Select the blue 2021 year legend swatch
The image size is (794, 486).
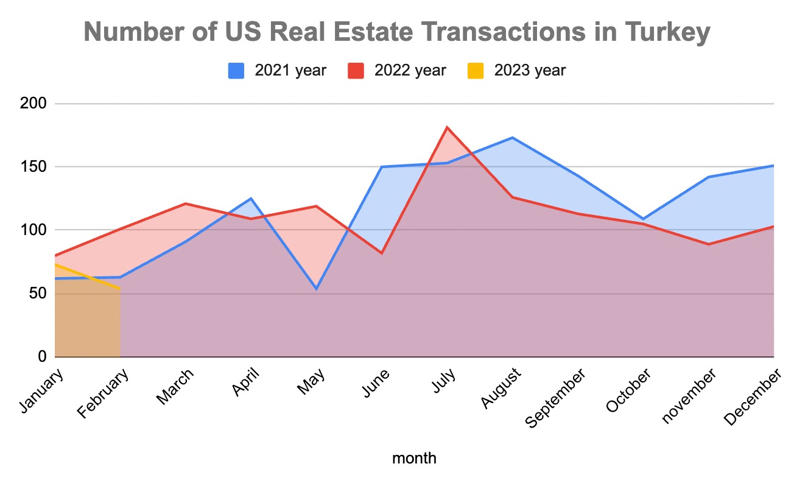(236, 71)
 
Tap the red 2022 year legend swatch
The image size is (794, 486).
(356, 71)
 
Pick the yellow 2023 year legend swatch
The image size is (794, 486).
(476, 71)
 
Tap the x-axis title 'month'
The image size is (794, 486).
(414, 458)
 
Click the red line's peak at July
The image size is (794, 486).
(447, 127)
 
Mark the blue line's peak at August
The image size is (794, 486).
(512, 138)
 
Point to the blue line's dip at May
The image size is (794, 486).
(316, 289)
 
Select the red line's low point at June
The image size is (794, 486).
(382, 253)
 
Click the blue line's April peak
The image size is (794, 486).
(251, 199)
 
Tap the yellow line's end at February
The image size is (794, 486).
(120, 289)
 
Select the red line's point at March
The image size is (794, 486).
(186, 203)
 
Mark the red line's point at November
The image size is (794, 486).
(709, 244)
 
